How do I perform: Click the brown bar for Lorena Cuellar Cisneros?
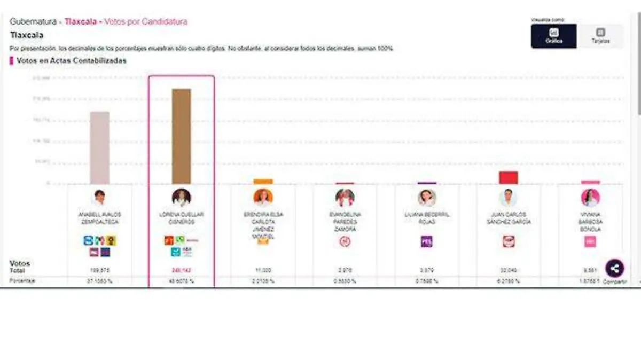click(x=181, y=136)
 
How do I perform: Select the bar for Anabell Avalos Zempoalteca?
click(x=99, y=148)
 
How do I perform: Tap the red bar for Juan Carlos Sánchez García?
click(x=508, y=178)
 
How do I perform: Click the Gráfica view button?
click(x=553, y=36)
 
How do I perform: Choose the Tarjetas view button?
click(x=600, y=36)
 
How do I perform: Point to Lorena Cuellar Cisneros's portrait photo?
click(x=181, y=198)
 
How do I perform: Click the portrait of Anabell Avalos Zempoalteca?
click(x=99, y=198)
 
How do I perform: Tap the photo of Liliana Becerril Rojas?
click(x=426, y=198)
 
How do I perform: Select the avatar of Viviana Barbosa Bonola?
click(x=590, y=198)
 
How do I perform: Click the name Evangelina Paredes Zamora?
click(x=345, y=222)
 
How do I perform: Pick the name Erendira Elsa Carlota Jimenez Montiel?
click(x=263, y=225)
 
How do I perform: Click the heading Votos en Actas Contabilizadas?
click(x=72, y=61)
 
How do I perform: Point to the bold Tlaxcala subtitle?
click(x=27, y=36)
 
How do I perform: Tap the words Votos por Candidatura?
click(x=146, y=22)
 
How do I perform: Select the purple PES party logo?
click(x=426, y=241)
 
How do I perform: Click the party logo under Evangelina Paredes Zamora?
click(x=345, y=241)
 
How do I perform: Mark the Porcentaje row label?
click(x=22, y=281)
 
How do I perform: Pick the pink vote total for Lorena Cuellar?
click(x=181, y=270)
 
